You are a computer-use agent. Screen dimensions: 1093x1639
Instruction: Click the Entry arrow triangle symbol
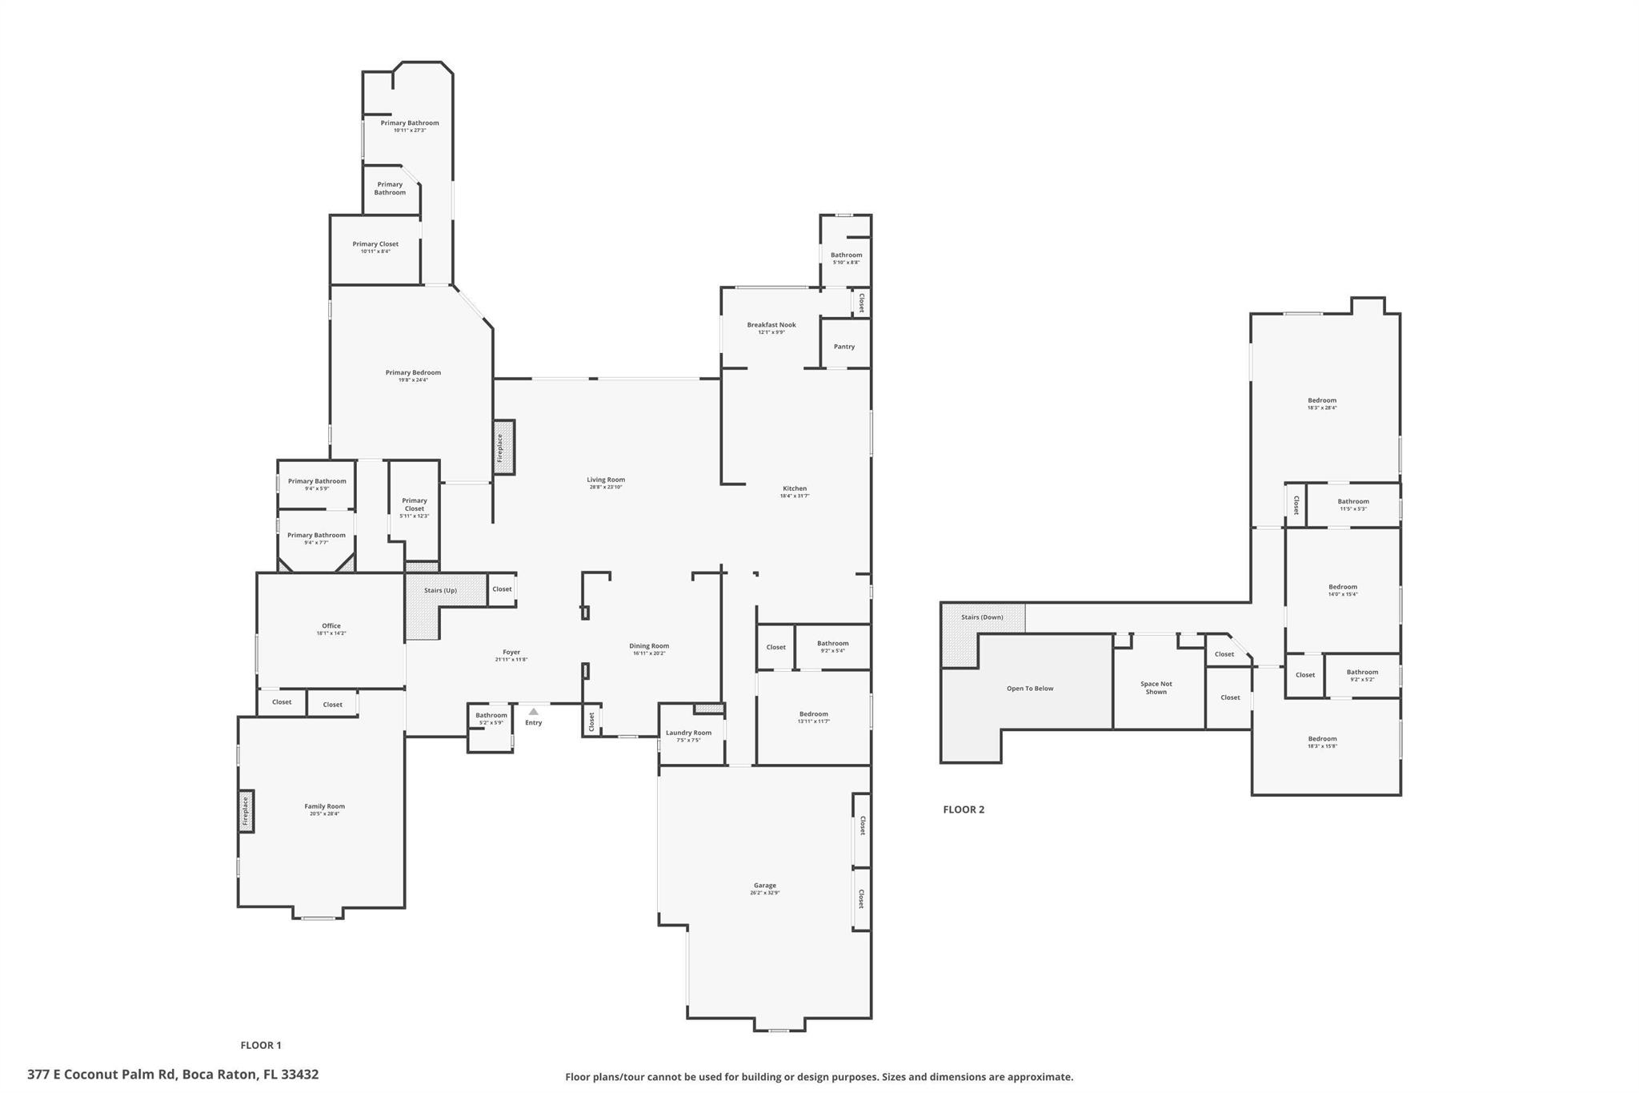click(534, 711)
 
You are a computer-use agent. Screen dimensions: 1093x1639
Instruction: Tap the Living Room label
click(606, 480)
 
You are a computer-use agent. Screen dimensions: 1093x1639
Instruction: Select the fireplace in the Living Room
click(503, 448)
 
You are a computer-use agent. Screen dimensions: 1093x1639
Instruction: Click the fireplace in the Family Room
click(246, 811)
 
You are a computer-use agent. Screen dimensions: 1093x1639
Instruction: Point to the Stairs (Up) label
click(440, 590)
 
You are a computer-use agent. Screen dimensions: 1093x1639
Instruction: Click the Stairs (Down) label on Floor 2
click(982, 617)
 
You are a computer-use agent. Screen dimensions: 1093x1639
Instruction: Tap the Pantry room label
click(844, 347)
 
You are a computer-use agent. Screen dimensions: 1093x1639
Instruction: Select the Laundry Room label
click(688, 733)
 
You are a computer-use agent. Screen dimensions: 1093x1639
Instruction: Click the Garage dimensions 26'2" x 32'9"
click(765, 893)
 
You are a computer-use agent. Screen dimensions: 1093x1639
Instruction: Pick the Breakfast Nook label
click(771, 325)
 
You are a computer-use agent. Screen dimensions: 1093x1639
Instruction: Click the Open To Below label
click(1030, 689)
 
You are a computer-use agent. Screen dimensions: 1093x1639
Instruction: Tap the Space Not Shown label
click(1156, 688)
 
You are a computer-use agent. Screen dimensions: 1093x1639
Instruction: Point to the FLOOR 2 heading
click(964, 810)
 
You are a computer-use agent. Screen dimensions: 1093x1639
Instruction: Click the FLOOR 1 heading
click(261, 1045)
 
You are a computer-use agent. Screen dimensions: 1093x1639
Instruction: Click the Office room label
click(331, 626)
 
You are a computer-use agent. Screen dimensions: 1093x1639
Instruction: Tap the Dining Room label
click(649, 646)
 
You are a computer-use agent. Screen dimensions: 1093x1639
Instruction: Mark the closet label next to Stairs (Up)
click(502, 589)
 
